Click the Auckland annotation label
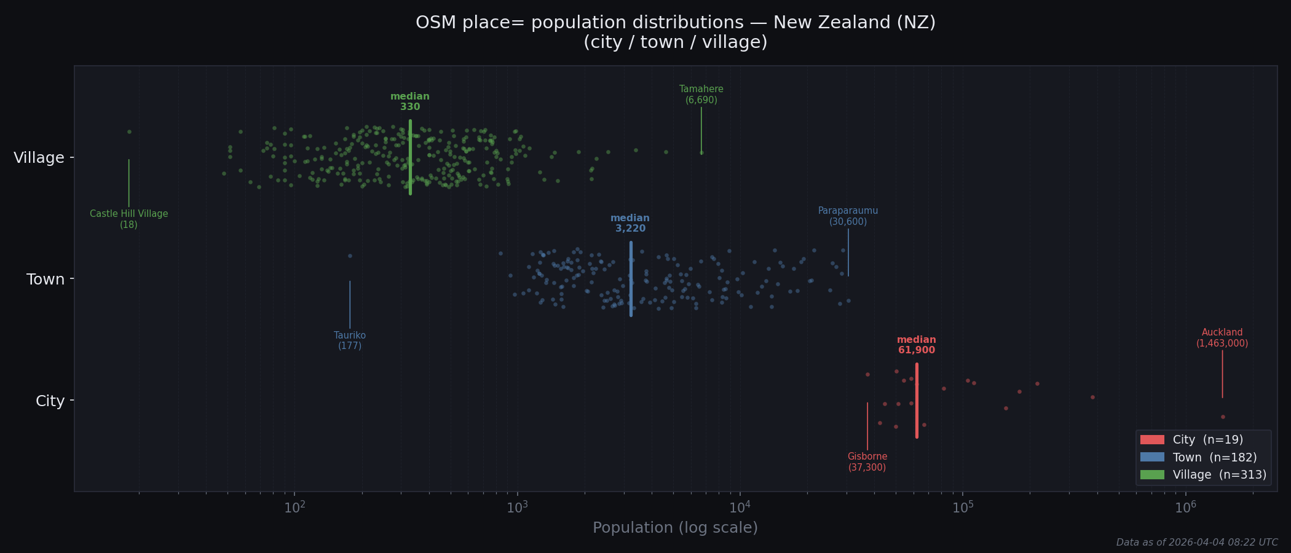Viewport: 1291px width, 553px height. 1222,338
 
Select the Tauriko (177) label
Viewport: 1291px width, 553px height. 350,340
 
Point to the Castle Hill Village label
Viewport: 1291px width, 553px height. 128,219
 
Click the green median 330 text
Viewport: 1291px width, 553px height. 410,102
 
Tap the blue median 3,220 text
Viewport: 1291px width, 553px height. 630,224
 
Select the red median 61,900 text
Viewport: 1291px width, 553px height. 916,345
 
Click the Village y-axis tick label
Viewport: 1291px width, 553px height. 39,158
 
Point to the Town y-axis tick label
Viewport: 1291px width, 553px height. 45,280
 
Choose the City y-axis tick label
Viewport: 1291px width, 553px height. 50,401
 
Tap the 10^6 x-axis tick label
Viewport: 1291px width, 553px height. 1185,508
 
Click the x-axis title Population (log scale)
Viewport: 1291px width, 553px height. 675,528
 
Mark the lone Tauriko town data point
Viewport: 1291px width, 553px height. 350,256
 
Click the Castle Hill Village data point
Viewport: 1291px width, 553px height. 129,131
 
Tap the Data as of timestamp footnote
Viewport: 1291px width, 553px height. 1196,543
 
